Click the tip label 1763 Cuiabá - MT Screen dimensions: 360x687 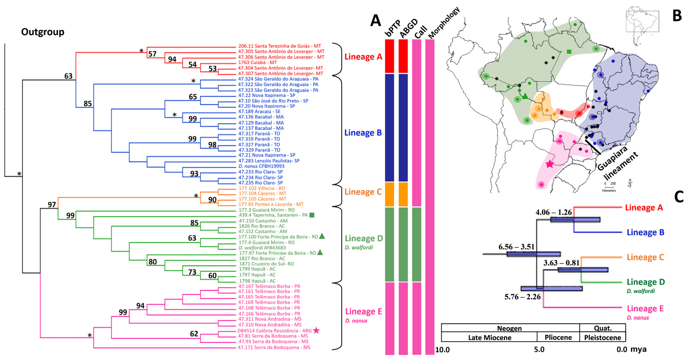coord(257,62)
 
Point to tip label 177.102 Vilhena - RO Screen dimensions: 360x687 coord(262,188)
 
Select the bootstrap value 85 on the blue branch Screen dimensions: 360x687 coord(88,104)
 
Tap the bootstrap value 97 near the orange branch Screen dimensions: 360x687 coord(52,205)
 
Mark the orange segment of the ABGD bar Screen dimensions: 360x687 coord(403,194)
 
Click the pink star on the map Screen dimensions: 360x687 coord(549,164)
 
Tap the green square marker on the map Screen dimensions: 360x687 coord(569,52)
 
